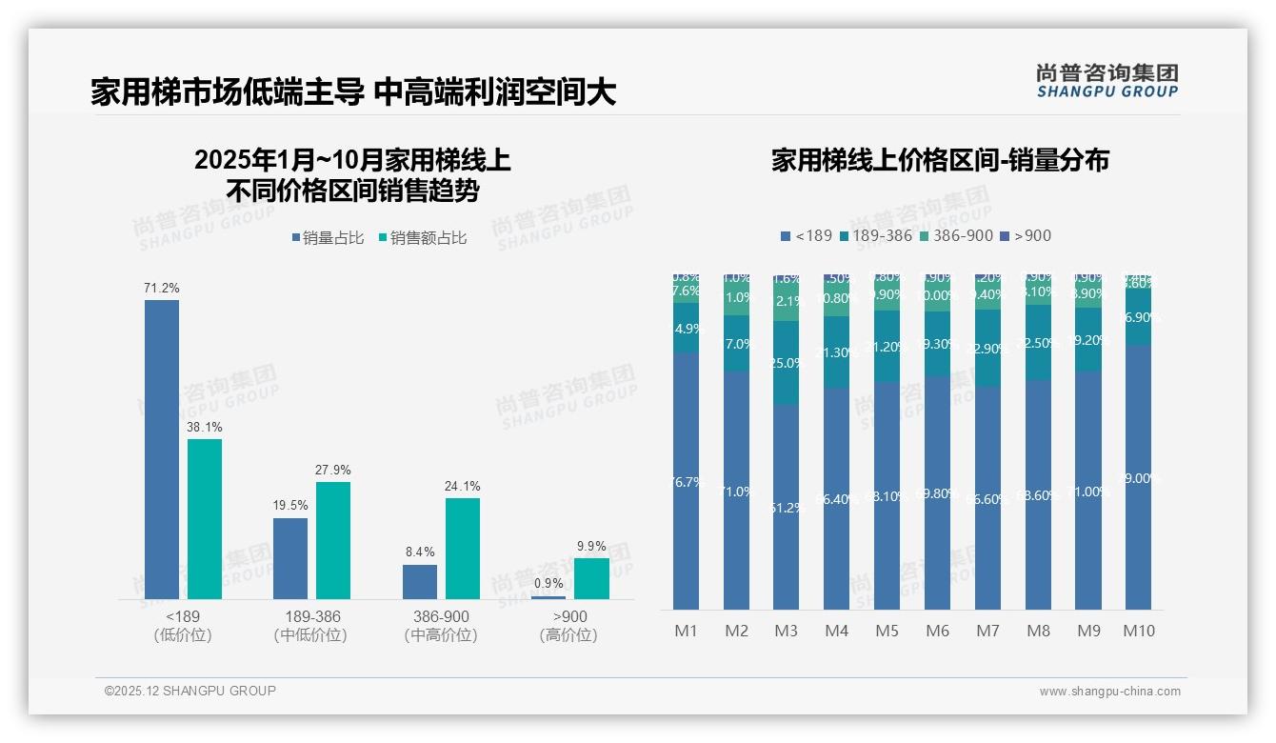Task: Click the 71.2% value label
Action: click(x=162, y=288)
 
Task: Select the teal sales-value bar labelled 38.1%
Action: click(x=205, y=519)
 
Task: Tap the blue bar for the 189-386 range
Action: click(x=290, y=558)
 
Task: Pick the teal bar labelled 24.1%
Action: click(x=463, y=549)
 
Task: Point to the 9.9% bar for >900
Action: click(x=591, y=578)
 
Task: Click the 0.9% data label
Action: click(x=548, y=583)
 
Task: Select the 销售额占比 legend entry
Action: click(x=423, y=238)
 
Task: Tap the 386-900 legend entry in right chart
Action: click(x=956, y=235)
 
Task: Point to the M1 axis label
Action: click(x=686, y=631)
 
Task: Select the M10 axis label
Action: click(x=1139, y=631)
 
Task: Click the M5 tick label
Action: click(x=887, y=631)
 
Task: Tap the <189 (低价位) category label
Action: click(x=183, y=626)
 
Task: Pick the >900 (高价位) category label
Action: click(x=568, y=626)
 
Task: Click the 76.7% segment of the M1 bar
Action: click(x=686, y=481)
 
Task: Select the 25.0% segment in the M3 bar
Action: click(x=786, y=363)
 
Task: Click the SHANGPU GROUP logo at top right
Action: click(x=1107, y=81)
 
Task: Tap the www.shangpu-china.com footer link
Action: click(x=1109, y=692)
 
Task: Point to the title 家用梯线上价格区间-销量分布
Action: click(x=940, y=160)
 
